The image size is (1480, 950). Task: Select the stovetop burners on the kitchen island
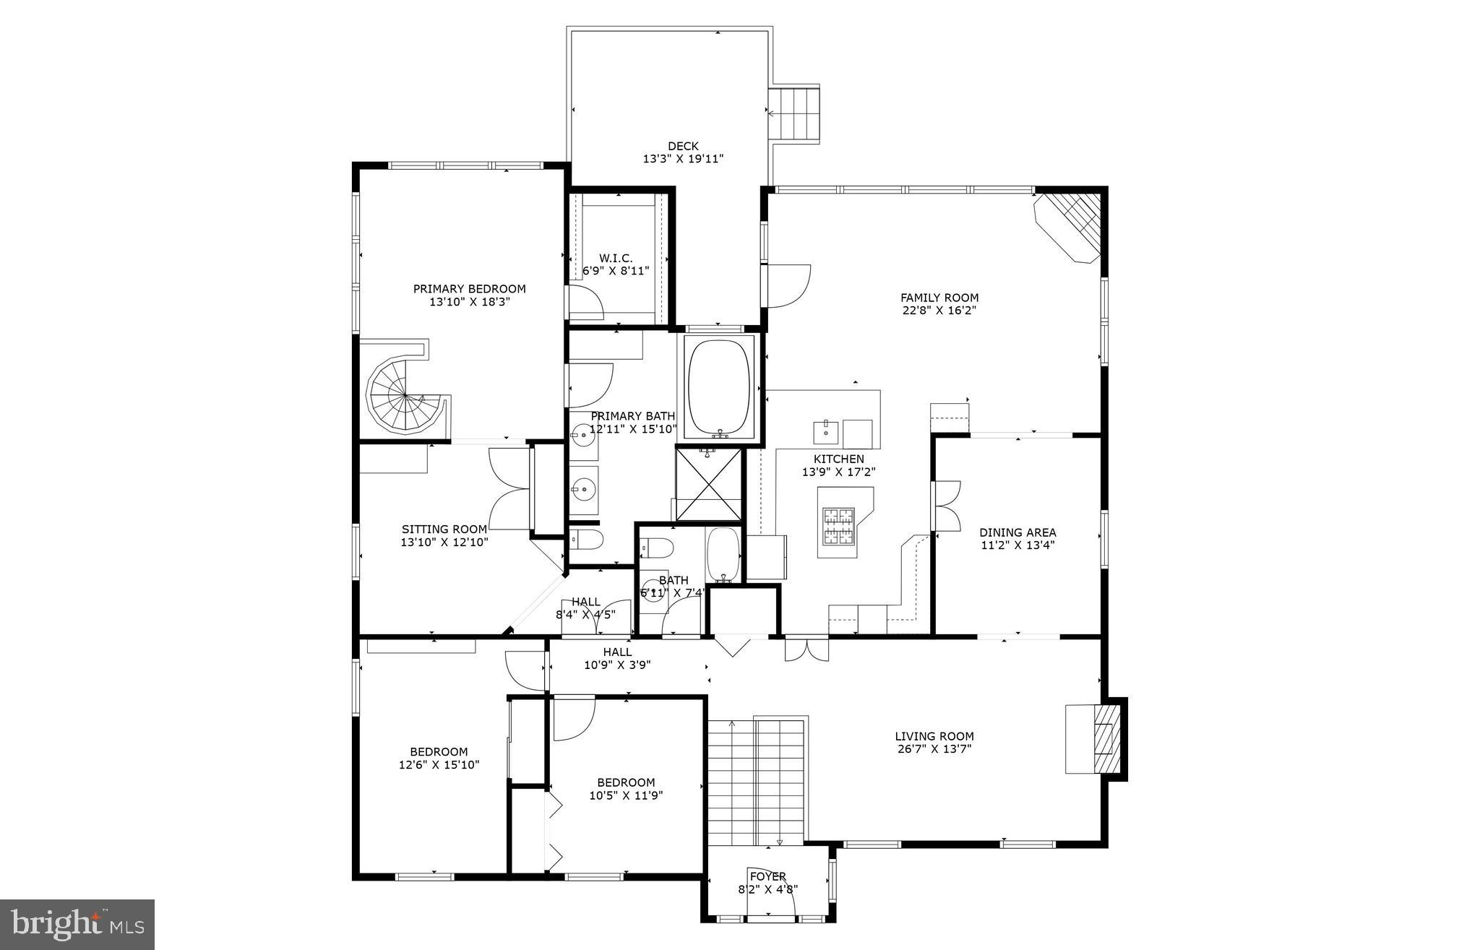(x=838, y=526)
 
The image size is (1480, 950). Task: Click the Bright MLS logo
(x=77, y=924)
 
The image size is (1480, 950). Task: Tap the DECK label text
(x=683, y=146)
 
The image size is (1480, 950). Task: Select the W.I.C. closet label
(x=616, y=258)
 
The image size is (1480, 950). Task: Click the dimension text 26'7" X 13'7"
(x=934, y=749)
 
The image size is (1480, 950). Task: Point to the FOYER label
(x=768, y=876)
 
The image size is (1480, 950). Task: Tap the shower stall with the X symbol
(x=709, y=483)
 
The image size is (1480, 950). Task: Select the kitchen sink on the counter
(x=825, y=432)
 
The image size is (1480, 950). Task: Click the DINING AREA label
(x=1017, y=532)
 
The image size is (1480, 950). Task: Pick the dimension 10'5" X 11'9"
(x=626, y=795)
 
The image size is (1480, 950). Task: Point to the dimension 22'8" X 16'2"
(x=939, y=311)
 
